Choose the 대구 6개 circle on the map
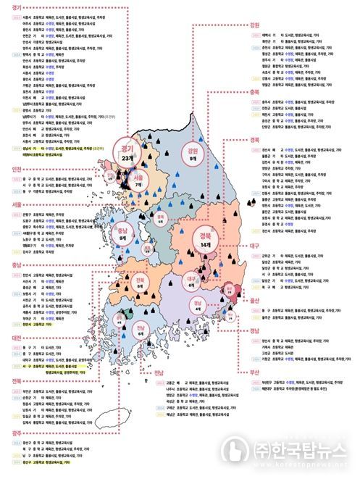191,280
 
